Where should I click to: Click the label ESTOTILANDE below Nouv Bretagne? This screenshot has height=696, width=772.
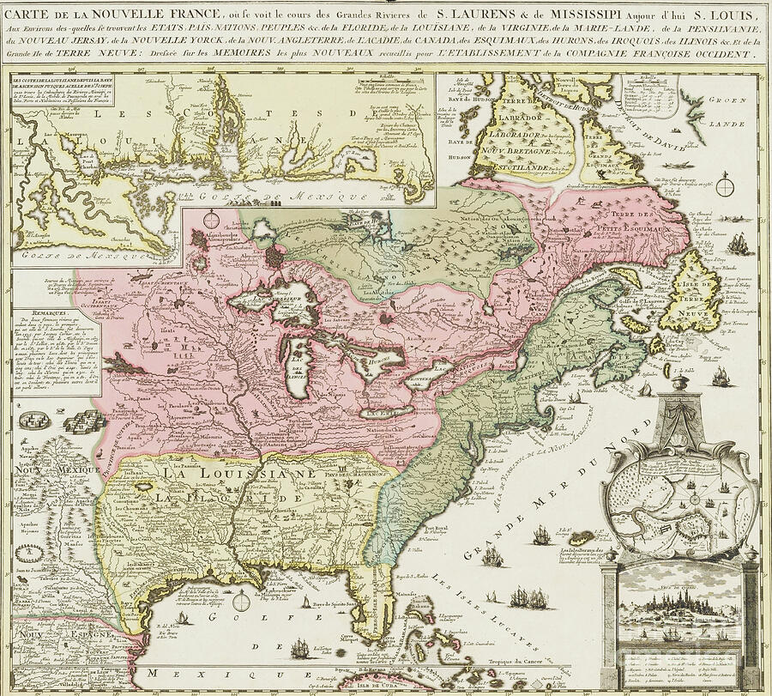tap(515, 166)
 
